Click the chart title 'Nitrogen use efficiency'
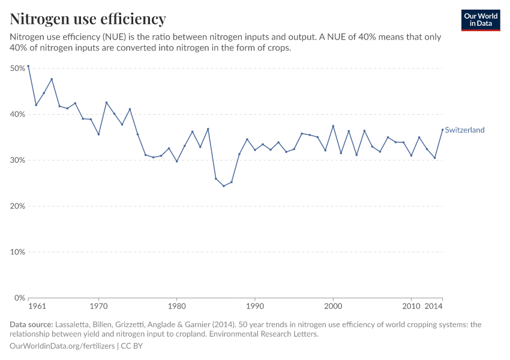[x=88, y=19]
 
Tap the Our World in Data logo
[x=480, y=20]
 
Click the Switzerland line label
[x=464, y=130]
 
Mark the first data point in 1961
[x=28, y=66]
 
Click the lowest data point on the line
[x=224, y=186]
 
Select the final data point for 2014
[x=443, y=130]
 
